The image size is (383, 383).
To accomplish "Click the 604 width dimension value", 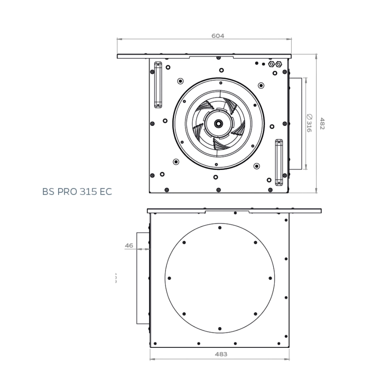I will tap(217, 36).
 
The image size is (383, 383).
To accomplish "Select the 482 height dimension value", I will tap(322, 123).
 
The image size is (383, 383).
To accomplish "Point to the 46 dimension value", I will tap(129, 245).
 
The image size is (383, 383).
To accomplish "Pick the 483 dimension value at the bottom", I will tap(221, 354).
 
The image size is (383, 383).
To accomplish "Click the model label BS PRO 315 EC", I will tap(77, 192).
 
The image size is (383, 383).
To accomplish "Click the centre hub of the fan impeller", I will tap(218, 123).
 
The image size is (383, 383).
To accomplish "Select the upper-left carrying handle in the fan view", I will tap(158, 85).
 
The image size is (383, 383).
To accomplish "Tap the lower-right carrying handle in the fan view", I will tap(279, 162).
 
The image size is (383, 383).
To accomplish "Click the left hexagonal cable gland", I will tap(271, 64).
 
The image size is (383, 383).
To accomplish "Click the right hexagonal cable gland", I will tap(279, 64).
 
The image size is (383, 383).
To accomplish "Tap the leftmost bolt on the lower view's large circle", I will tap(169, 278).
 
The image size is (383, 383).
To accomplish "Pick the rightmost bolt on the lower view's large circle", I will tap(270, 278).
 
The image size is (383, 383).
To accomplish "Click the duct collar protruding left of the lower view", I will tap(143, 278).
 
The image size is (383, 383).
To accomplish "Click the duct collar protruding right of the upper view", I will tap(296, 124).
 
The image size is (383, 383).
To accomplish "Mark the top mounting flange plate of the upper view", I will tap(204, 56).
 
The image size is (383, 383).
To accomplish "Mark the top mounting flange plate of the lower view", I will tap(234, 210).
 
